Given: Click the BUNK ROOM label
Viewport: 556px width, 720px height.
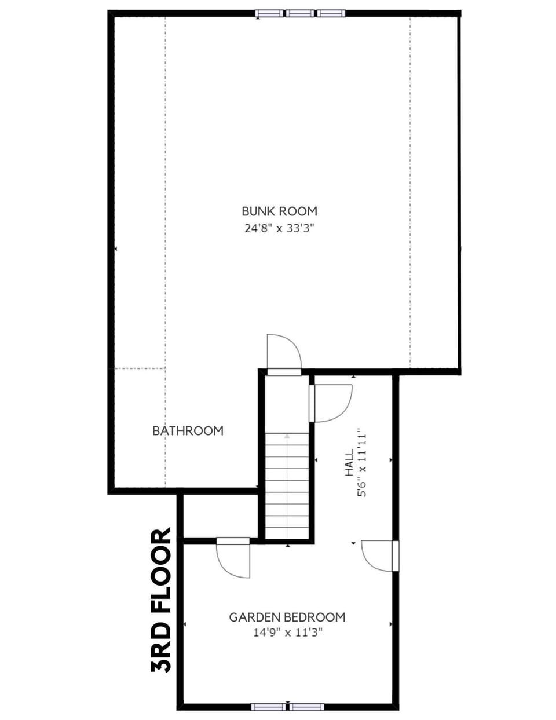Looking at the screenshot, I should pos(279,211).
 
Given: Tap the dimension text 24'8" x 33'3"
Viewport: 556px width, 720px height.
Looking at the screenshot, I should pos(279,228).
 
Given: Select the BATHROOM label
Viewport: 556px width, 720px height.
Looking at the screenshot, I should pos(188,431).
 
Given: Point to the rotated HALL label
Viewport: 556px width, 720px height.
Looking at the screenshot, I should pos(349,463).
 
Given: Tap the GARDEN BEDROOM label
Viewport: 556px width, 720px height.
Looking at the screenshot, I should pos(287,617).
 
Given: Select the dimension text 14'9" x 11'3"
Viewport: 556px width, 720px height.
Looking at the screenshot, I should pos(287,633).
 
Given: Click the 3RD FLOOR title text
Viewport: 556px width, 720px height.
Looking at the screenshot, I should pos(162,600).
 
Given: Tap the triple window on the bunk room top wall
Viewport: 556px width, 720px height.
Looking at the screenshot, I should pos(301,13).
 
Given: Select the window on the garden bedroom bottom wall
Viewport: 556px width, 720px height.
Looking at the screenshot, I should pos(287,706).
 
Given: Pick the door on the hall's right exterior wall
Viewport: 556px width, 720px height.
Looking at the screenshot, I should pos(379,556).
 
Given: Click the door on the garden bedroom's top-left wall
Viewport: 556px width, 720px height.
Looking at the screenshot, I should pos(233,558).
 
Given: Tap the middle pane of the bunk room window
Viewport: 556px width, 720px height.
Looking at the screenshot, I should pos(301,13).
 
